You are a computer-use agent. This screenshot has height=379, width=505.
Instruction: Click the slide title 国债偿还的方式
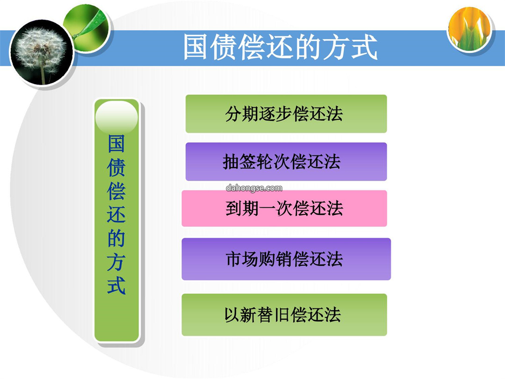click(280, 47)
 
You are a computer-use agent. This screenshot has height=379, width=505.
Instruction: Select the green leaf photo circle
click(87, 28)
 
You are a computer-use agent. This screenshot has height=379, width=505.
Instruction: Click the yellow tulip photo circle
click(470, 29)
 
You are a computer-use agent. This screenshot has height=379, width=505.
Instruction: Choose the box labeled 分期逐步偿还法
click(286, 114)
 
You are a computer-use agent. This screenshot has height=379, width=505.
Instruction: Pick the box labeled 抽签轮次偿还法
click(286, 161)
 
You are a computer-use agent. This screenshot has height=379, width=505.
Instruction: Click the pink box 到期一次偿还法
click(284, 208)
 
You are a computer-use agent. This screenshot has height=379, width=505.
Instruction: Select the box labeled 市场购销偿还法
click(286, 259)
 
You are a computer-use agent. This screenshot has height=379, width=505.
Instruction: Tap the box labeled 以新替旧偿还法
click(284, 314)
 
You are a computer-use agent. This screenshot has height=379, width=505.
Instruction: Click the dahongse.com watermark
click(254, 188)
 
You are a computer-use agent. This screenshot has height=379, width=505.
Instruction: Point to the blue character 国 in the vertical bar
click(116, 144)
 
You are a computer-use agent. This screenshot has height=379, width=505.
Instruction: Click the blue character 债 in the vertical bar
click(116, 167)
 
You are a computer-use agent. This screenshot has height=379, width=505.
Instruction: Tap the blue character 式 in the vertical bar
click(116, 285)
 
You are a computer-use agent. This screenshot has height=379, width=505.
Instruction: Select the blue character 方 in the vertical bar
click(116, 262)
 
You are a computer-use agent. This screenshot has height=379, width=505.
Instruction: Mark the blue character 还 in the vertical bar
click(116, 214)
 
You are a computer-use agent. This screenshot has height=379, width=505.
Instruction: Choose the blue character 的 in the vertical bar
click(116, 238)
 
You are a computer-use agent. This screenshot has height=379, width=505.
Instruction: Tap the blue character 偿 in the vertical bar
click(116, 191)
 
